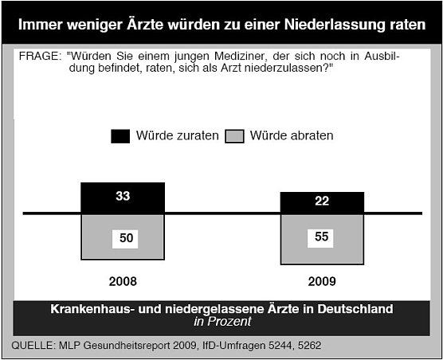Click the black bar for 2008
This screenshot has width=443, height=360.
[123, 198]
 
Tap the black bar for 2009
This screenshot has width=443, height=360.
[322, 202]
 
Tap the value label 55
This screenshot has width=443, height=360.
[322, 237]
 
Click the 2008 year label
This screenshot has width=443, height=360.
[123, 281]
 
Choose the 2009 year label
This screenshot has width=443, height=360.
[322, 281]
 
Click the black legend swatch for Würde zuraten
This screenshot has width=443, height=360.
[120, 136]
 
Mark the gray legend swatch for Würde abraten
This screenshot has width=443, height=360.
[235, 136]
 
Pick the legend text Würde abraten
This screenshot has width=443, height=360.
[292, 136]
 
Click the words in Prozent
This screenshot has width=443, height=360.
[221, 322]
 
